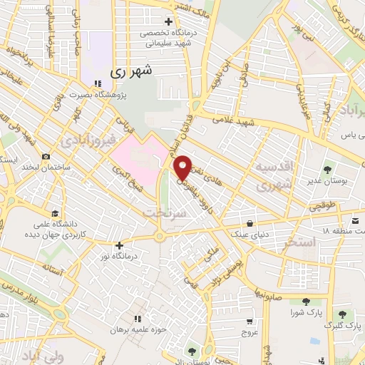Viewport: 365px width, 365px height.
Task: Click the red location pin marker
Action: [183, 167]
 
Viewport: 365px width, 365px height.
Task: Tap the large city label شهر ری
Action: [132, 72]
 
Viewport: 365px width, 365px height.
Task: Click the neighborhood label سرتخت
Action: [158, 212]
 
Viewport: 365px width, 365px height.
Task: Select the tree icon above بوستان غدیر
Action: [327, 170]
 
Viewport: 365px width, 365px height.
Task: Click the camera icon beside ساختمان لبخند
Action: [46, 155]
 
